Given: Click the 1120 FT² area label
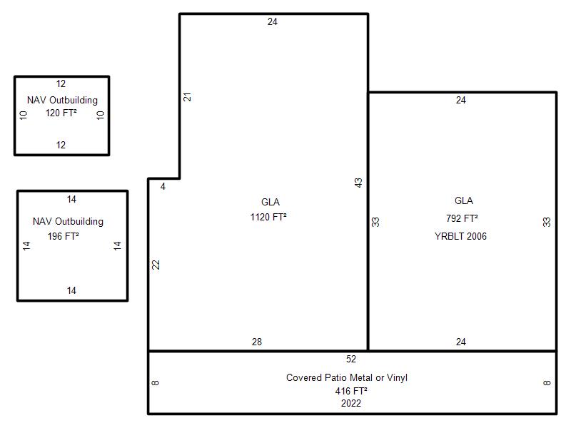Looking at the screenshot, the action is [268, 217].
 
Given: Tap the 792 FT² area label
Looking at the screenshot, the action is [462, 218].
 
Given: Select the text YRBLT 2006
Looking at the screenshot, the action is [460, 236].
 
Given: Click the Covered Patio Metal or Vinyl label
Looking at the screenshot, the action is [347, 378].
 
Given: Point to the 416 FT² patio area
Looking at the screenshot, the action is [351, 391].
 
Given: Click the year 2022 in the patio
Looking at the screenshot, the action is [351, 403].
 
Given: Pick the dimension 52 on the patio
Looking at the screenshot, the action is [351, 360].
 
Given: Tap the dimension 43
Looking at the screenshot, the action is [358, 183].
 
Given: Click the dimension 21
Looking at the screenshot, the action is [187, 97].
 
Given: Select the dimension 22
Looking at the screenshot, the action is [156, 265].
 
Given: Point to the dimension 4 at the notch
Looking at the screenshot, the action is [163, 187].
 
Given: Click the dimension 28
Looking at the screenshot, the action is [257, 342].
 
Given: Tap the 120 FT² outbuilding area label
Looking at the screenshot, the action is [61, 113].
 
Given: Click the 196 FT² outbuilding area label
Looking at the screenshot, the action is [64, 236].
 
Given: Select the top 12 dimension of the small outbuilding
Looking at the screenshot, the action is [61, 83].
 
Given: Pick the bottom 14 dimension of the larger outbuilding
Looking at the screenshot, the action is [71, 290].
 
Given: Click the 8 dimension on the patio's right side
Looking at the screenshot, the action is [547, 383].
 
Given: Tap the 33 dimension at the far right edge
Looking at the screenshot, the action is [547, 222].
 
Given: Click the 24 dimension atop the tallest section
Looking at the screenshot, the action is [273, 22].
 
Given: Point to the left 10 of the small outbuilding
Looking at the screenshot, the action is [24, 116].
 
